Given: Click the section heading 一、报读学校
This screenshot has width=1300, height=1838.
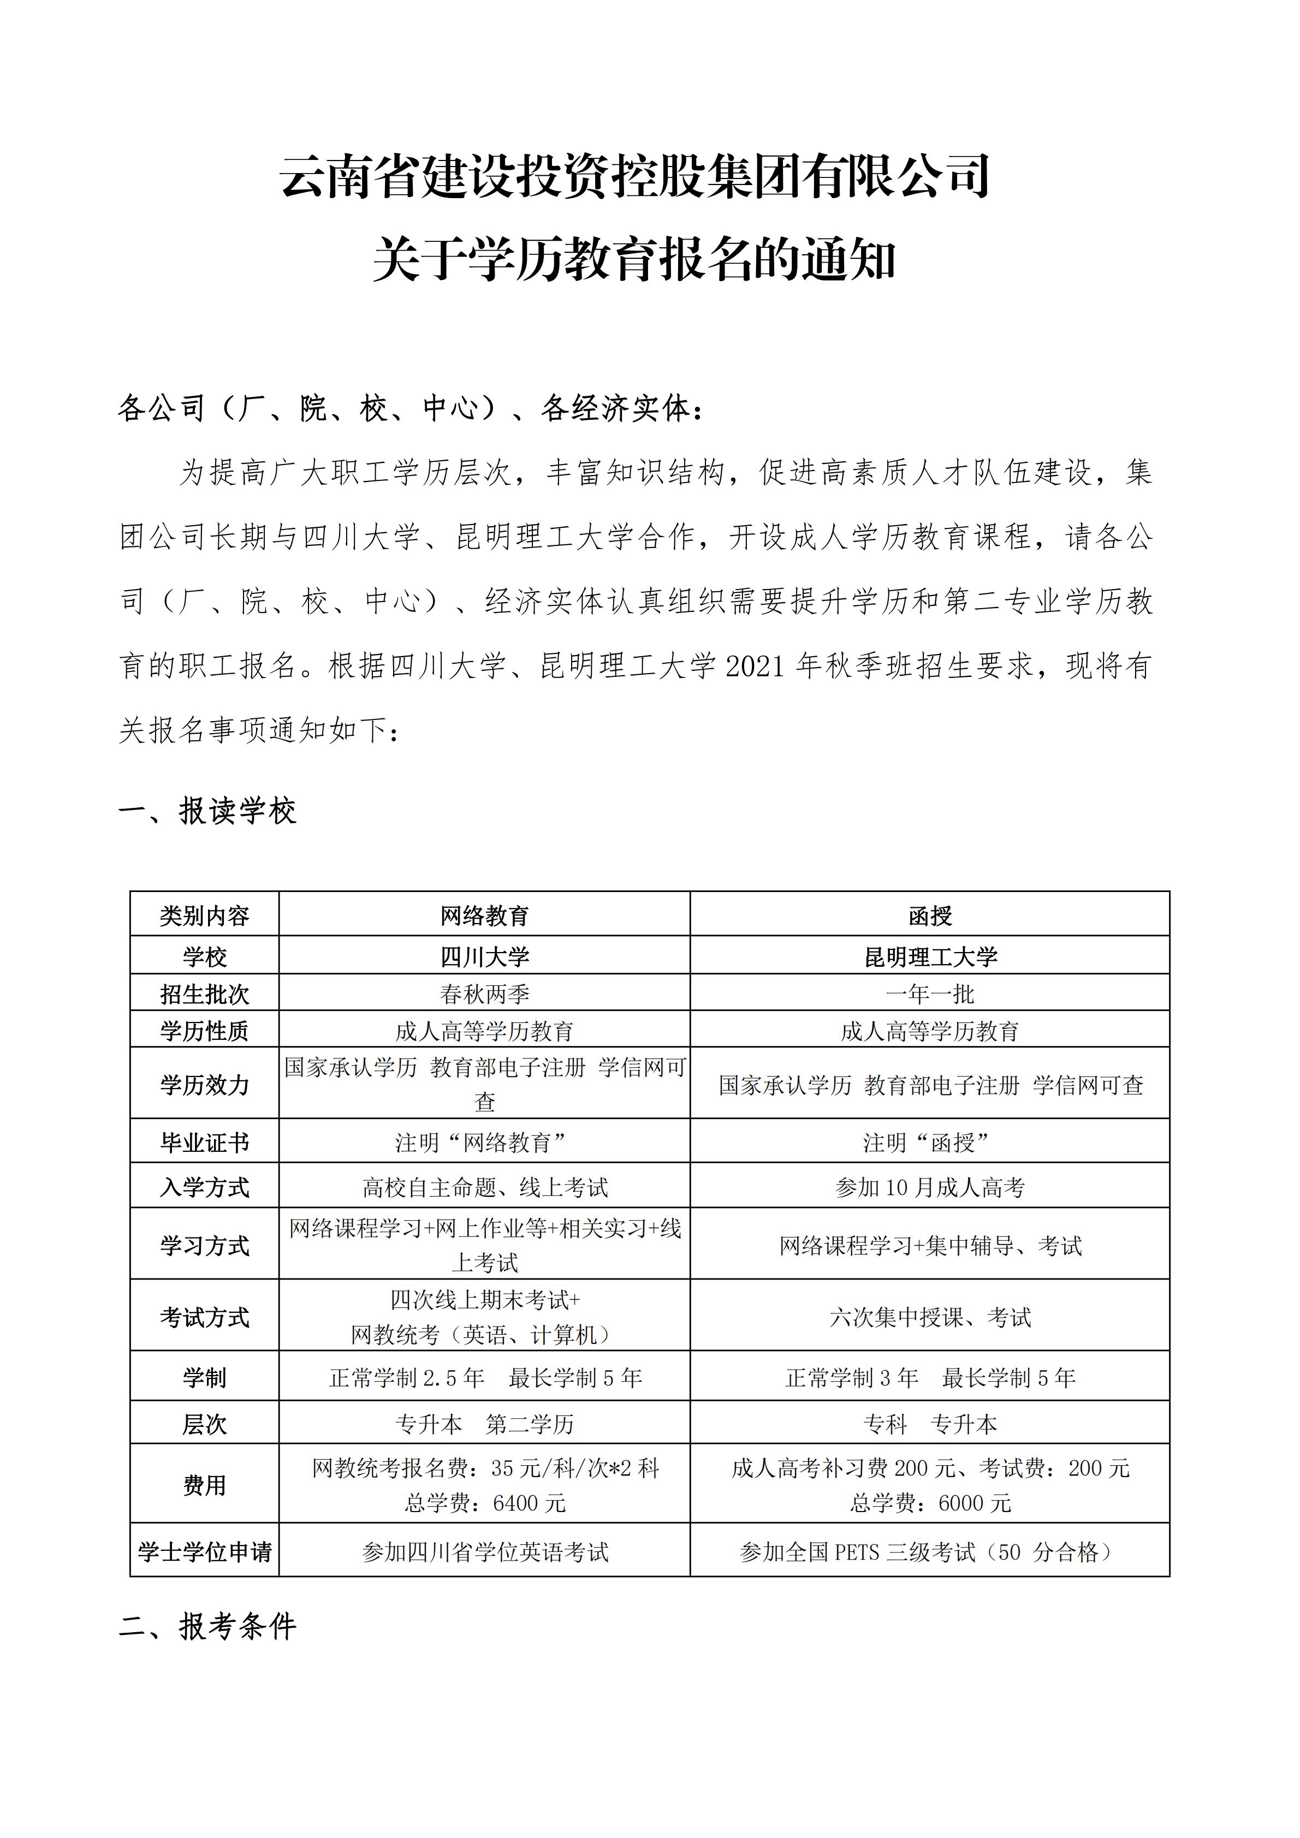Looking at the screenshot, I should [207, 812].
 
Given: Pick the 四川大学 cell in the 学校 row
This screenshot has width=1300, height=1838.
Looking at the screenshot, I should [484, 956].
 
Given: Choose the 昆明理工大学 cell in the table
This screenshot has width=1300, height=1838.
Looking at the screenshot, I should [930, 956].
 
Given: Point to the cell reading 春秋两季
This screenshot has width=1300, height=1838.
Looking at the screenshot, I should [484, 994].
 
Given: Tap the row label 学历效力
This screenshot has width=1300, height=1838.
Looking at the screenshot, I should [204, 1085].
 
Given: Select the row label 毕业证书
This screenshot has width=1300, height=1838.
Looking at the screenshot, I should [204, 1143].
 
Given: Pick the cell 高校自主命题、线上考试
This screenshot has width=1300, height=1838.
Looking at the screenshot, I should [484, 1187].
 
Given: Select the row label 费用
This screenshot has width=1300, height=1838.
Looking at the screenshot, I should [204, 1485].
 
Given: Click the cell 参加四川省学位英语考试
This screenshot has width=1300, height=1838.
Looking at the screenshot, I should [484, 1552].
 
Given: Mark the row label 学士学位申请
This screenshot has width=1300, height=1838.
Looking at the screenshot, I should [204, 1552].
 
